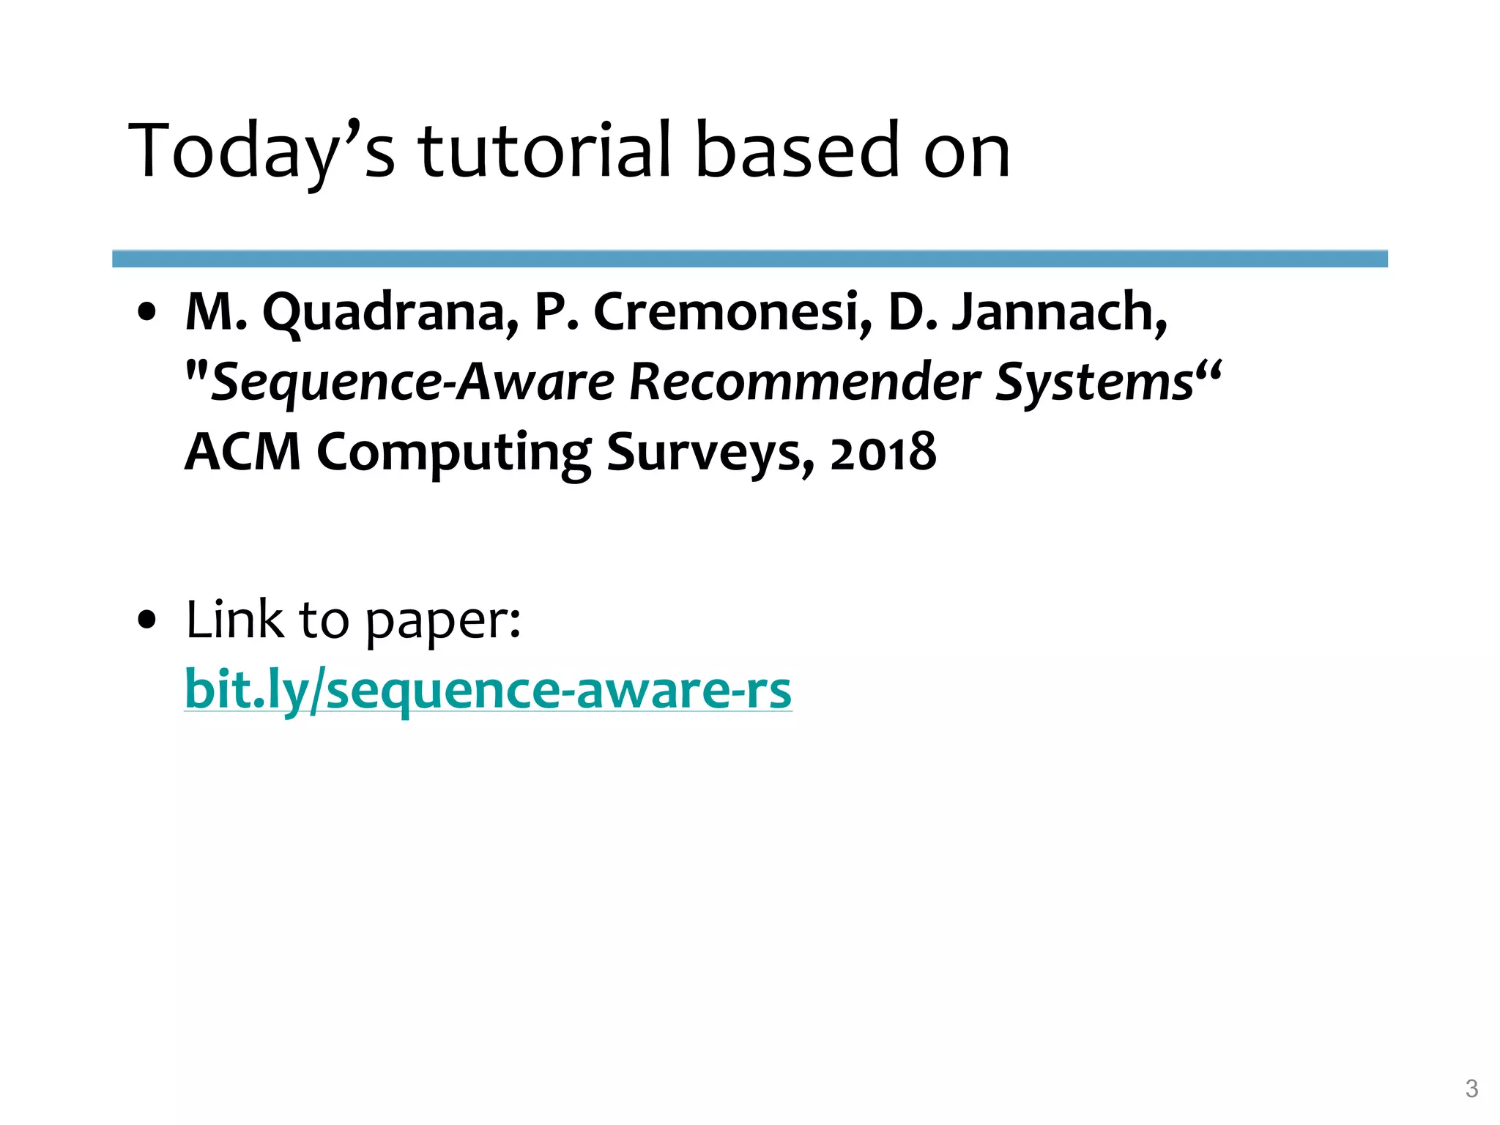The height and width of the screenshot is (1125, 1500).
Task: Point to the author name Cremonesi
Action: click(x=732, y=311)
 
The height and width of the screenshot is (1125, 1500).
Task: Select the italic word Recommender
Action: click(x=804, y=382)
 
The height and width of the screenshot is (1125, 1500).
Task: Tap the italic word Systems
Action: click(x=1094, y=382)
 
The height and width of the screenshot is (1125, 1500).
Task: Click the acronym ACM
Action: click(x=242, y=451)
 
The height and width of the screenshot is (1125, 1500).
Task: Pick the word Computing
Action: click(x=453, y=453)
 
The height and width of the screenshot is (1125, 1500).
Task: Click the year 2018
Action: click(x=883, y=452)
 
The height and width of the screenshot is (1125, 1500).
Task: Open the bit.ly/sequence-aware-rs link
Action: click(x=488, y=689)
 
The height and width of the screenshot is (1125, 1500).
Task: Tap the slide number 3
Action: click(x=1471, y=1088)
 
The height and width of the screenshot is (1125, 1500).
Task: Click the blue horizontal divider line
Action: click(x=749, y=259)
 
